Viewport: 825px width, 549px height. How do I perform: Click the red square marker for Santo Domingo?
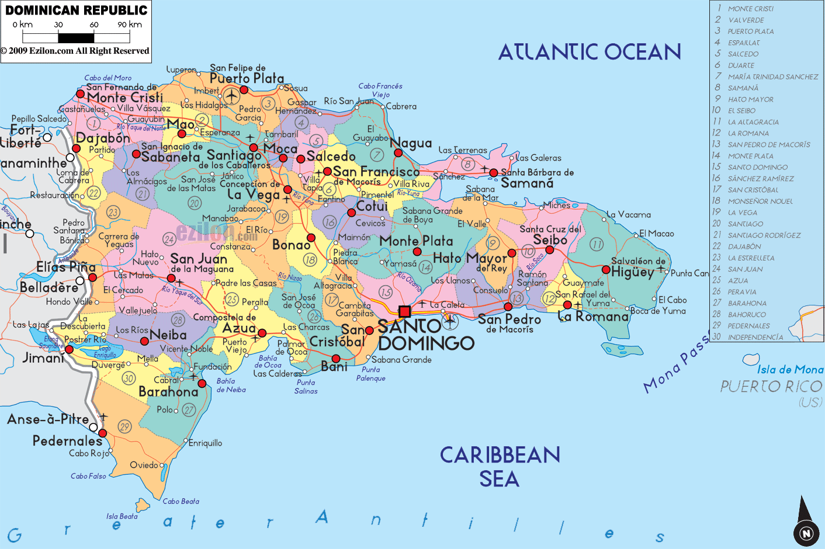(x=404, y=311)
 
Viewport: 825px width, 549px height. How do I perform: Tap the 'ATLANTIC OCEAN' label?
(x=590, y=53)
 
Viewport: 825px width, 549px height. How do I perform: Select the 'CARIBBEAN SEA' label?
(x=500, y=467)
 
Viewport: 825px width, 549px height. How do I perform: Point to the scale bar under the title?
(x=76, y=38)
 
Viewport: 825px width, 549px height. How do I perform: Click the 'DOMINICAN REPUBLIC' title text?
(x=76, y=11)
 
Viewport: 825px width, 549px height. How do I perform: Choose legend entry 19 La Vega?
(x=742, y=213)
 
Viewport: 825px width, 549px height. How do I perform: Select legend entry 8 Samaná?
(x=743, y=88)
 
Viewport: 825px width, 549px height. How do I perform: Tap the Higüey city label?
(x=632, y=272)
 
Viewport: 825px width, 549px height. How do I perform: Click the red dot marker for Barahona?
(x=202, y=383)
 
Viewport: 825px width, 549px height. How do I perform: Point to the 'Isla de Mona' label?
(x=790, y=370)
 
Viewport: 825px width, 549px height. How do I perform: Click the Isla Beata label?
(x=122, y=516)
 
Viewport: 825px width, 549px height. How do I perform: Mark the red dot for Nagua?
(x=398, y=153)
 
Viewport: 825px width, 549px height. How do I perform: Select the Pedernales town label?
(x=67, y=441)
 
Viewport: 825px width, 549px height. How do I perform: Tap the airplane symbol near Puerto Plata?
(x=231, y=95)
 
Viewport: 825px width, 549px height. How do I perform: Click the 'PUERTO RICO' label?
(x=771, y=387)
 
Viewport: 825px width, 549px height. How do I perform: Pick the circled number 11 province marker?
(x=596, y=244)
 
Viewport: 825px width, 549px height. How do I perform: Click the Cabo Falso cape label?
(x=88, y=476)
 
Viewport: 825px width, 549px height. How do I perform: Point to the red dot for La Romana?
(x=567, y=305)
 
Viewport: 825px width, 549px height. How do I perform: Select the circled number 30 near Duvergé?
(x=129, y=378)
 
